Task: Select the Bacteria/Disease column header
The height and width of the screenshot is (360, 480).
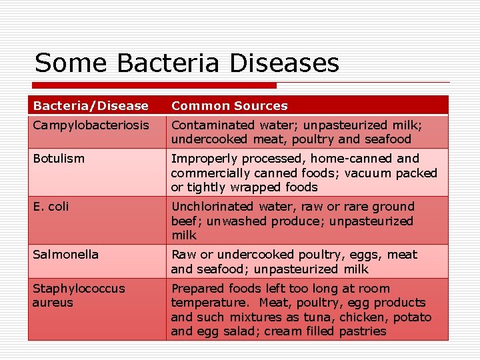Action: click(x=91, y=106)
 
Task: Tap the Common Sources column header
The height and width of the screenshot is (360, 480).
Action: click(x=229, y=106)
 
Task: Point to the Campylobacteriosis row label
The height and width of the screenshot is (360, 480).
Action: click(x=91, y=125)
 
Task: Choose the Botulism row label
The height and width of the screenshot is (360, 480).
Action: click(x=59, y=159)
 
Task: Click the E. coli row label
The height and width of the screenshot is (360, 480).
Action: click(x=51, y=207)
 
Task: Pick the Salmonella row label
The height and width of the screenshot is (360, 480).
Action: click(x=65, y=255)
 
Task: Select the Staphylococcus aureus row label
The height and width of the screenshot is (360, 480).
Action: click(x=78, y=295)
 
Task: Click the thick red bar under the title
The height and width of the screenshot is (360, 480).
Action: click(x=153, y=85)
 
